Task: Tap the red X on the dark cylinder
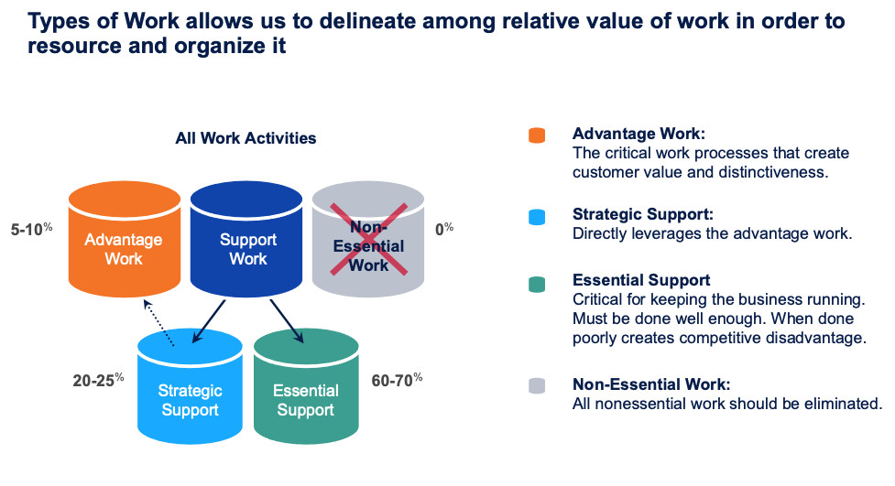click(369, 239)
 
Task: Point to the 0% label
click(444, 228)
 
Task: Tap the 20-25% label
click(98, 378)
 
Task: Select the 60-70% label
click(397, 378)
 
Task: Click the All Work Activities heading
click(246, 138)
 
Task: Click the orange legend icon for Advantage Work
click(537, 135)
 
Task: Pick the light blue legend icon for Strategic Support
click(537, 217)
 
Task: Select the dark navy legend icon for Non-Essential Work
click(537, 386)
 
